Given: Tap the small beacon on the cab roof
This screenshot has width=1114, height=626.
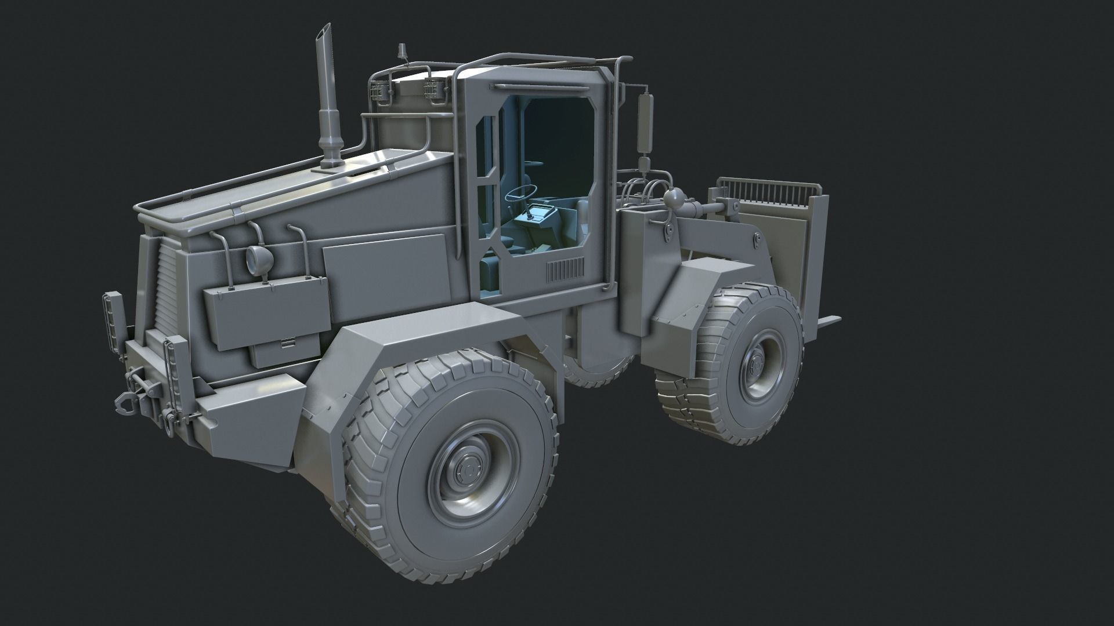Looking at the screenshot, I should click(x=400, y=53).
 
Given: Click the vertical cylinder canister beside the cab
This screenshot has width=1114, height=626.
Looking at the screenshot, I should click(x=643, y=122).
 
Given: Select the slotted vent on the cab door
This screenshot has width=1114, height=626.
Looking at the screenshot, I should click(x=565, y=269).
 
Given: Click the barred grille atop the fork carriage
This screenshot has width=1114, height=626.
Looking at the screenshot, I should click(x=769, y=191).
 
